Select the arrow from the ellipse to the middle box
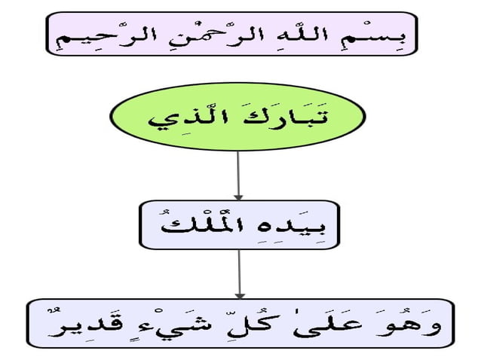coord(238,175)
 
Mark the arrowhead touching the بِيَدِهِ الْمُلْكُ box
coord(238,197)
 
